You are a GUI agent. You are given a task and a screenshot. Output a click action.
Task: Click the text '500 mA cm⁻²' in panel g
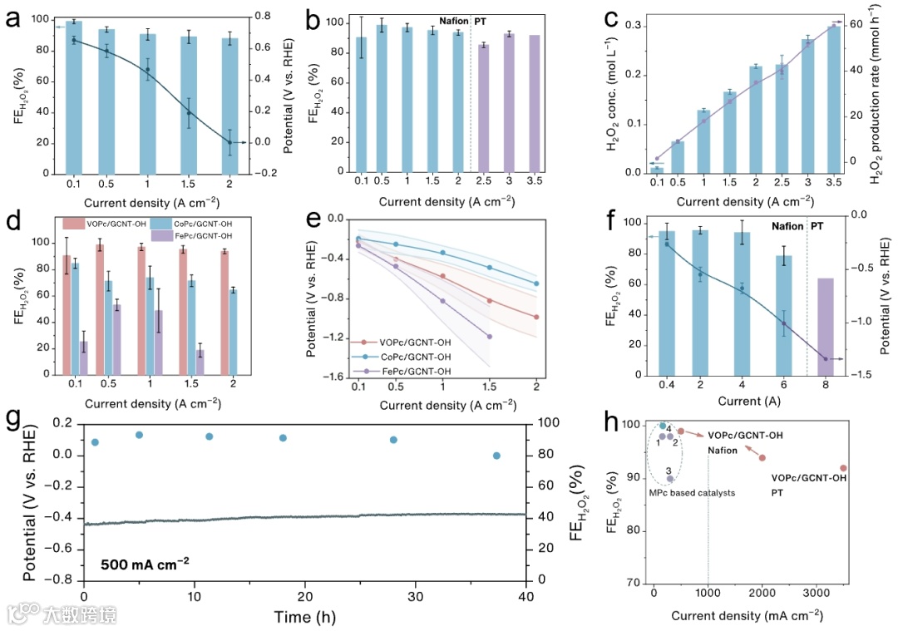click(x=145, y=563)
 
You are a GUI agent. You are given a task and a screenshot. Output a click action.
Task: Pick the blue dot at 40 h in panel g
click(x=496, y=456)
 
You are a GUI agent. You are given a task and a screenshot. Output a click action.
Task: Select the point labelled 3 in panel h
click(x=669, y=479)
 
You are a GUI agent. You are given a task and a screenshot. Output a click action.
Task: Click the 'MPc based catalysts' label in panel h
click(x=692, y=493)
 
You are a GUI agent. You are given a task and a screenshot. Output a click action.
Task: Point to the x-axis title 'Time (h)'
click(x=305, y=618)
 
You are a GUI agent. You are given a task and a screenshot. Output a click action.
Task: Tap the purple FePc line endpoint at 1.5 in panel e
click(x=490, y=336)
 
